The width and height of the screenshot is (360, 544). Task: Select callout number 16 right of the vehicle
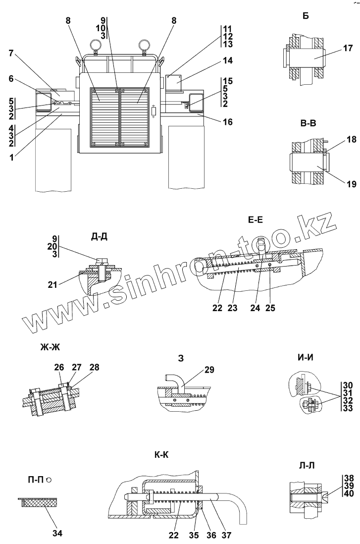[x=227, y=121]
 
